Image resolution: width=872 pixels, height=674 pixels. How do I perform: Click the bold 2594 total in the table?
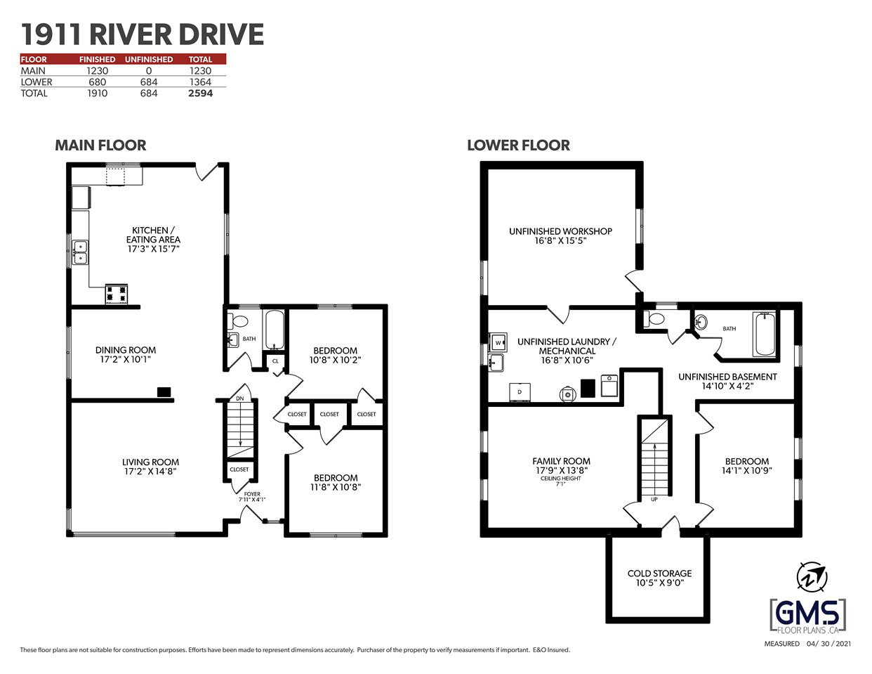[200, 93]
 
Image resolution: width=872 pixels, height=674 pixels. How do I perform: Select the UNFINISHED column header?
[148, 60]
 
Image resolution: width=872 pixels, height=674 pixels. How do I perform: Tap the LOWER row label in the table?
[37, 82]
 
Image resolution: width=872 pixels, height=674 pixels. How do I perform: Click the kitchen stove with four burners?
[117, 294]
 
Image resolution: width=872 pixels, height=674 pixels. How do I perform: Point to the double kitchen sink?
[80, 252]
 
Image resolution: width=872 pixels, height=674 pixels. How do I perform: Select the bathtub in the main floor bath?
[275, 330]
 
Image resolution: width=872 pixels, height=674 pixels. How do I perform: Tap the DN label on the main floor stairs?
[240, 398]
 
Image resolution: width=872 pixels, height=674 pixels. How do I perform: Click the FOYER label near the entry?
[252, 493]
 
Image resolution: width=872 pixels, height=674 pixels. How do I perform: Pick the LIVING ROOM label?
[150, 462]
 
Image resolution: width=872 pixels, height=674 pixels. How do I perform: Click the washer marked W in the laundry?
[498, 343]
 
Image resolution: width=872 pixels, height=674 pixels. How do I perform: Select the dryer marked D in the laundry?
[520, 392]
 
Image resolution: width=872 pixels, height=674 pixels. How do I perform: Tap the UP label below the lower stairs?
[654, 499]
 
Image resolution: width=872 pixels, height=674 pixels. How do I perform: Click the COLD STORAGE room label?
[660, 573]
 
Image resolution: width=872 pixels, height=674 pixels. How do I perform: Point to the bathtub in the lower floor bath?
[764, 334]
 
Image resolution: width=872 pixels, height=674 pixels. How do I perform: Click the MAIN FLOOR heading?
[100, 145]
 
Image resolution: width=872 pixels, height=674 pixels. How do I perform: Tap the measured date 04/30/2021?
[828, 644]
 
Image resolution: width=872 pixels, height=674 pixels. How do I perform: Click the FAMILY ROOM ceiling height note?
[560, 481]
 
